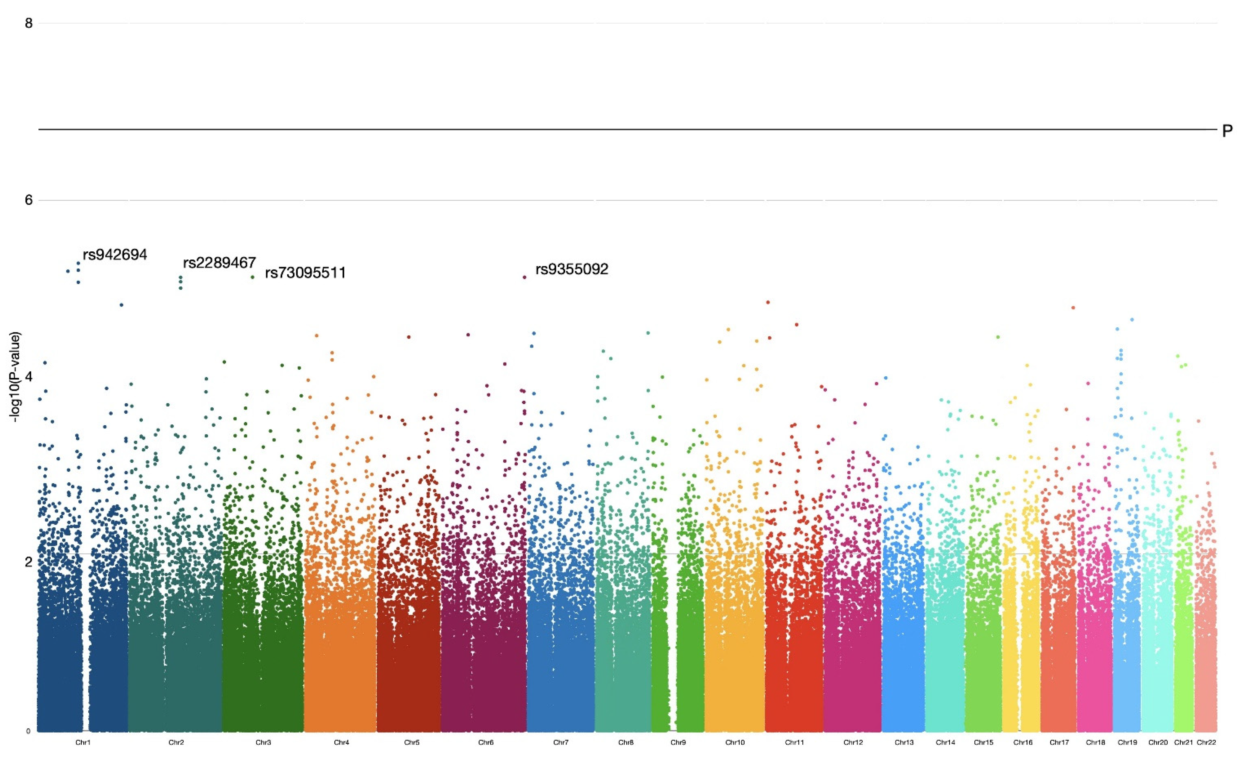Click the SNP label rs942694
coord(115,255)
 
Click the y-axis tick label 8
coord(29,23)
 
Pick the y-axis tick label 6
coord(29,200)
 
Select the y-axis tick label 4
coord(29,377)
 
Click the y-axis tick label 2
coord(29,562)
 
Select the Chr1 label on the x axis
coord(83,743)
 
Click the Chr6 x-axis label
coord(486,743)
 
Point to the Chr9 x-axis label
coord(678,743)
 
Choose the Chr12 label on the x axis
coord(853,743)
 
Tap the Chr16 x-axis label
coord(1023,743)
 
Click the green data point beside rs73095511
coord(252,277)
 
